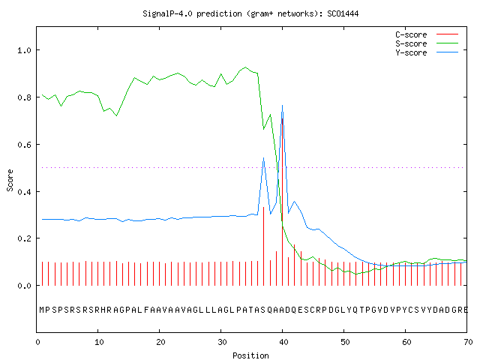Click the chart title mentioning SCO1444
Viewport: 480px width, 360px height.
(x=250, y=13)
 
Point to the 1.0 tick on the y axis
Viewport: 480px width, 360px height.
(x=24, y=50)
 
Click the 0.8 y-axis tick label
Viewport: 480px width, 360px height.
(x=24, y=97)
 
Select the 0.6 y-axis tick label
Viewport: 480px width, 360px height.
(x=24, y=145)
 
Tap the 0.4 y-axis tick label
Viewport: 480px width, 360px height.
(x=24, y=192)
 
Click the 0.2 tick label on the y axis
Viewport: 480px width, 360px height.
(x=24, y=238)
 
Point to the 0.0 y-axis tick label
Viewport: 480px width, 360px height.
(x=24, y=286)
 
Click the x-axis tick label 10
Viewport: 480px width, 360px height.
(x=99, y=342)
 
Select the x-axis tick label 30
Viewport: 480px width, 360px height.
(x=222, y=342)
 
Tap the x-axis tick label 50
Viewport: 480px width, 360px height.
(x=345, y=342)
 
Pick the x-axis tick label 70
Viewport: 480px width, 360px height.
(x=468, y=342)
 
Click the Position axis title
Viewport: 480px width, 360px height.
(x=250, y=355)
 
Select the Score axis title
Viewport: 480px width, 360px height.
(x=10, y=180)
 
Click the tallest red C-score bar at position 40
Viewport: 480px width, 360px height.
(x=282, y=202)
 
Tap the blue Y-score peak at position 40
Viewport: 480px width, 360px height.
(x=282, y=106)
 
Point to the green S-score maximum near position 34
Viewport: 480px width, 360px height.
(x=245, y=67)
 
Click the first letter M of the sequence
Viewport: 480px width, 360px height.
(x=42, y=310)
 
